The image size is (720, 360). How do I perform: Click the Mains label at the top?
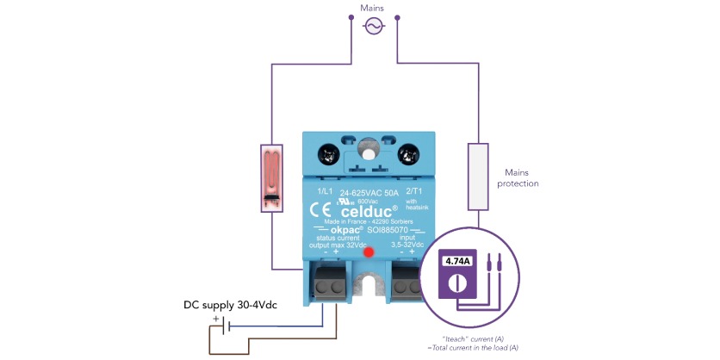tap(373, 9)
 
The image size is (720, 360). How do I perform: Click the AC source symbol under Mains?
tap(373, 28)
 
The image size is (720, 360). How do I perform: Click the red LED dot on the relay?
tap(369, 252)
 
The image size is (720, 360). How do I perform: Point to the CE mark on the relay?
tap(318, 209)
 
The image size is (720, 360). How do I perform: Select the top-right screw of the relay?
tap(408, 156)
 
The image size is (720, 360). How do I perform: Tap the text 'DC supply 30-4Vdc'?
tap(233, 305)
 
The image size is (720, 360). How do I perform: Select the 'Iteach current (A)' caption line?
tap(471, 338)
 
